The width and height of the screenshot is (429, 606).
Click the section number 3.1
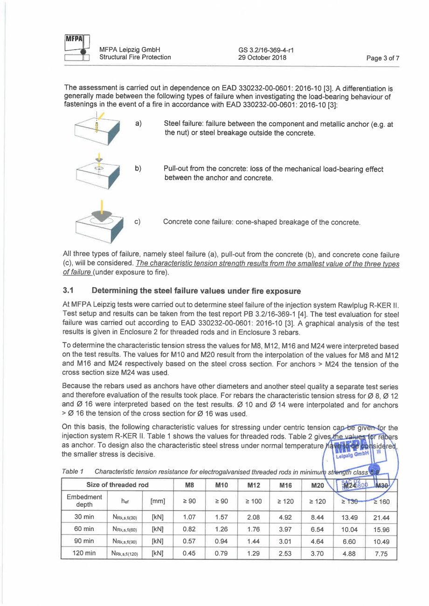click(69, 291)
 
